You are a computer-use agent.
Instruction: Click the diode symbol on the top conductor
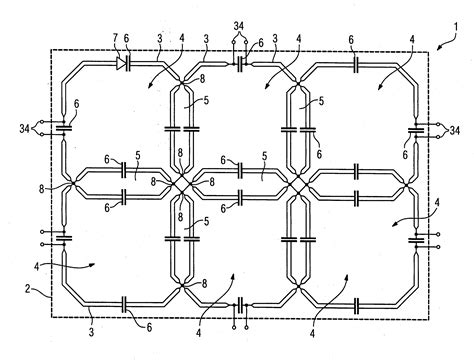point(120,62)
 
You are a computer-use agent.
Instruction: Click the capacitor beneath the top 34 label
point(240,63)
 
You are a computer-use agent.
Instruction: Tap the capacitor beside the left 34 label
point(62,127)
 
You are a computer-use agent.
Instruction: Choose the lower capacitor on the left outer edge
point(62,238)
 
